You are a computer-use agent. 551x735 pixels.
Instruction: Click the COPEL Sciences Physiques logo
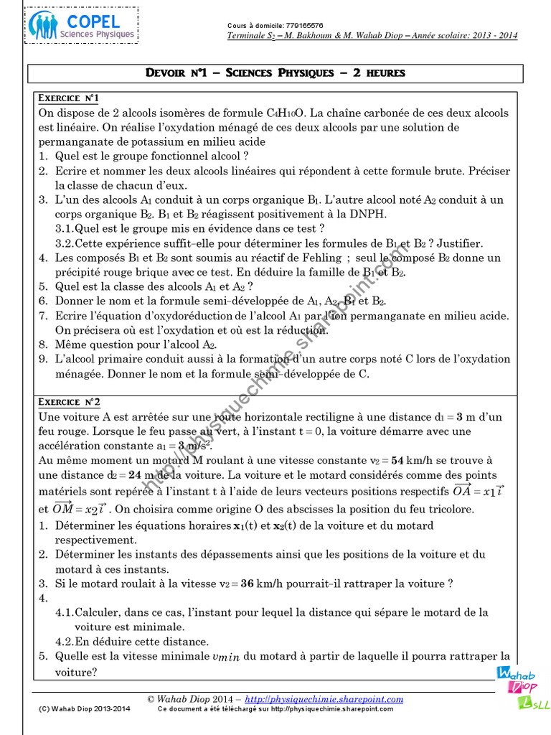coord(82,25)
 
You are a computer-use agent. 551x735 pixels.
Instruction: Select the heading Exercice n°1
coord(68,98)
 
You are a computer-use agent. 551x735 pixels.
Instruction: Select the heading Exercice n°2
coord(69,402)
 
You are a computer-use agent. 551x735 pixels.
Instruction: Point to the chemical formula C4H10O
coord(285,113)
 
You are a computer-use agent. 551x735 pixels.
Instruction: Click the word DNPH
coord(367,214)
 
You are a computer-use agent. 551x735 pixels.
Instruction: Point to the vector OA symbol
coord(467,490)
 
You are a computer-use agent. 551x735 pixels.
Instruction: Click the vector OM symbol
coord(65,507)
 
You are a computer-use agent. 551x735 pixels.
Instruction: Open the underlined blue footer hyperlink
coord(324,699)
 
